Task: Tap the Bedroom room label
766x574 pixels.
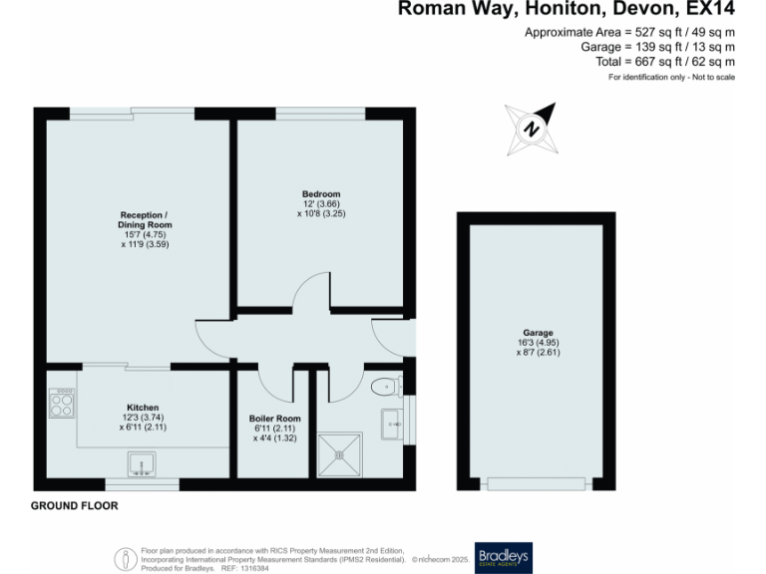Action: click(x=321, y=194)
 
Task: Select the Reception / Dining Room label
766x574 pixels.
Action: click(x=144, y=219)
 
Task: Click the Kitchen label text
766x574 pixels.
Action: click(x=144, y=408)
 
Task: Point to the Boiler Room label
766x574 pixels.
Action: click(x=274, y=419)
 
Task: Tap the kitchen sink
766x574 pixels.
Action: click(x=143, y=462)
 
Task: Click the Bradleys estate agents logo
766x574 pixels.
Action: click(x=504, y=555)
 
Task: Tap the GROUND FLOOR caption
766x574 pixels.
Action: click(x=74, y=506)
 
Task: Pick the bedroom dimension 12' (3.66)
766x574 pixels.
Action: click(x=321, y=204)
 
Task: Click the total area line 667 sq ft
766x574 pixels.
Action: click(x=665, y=61)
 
